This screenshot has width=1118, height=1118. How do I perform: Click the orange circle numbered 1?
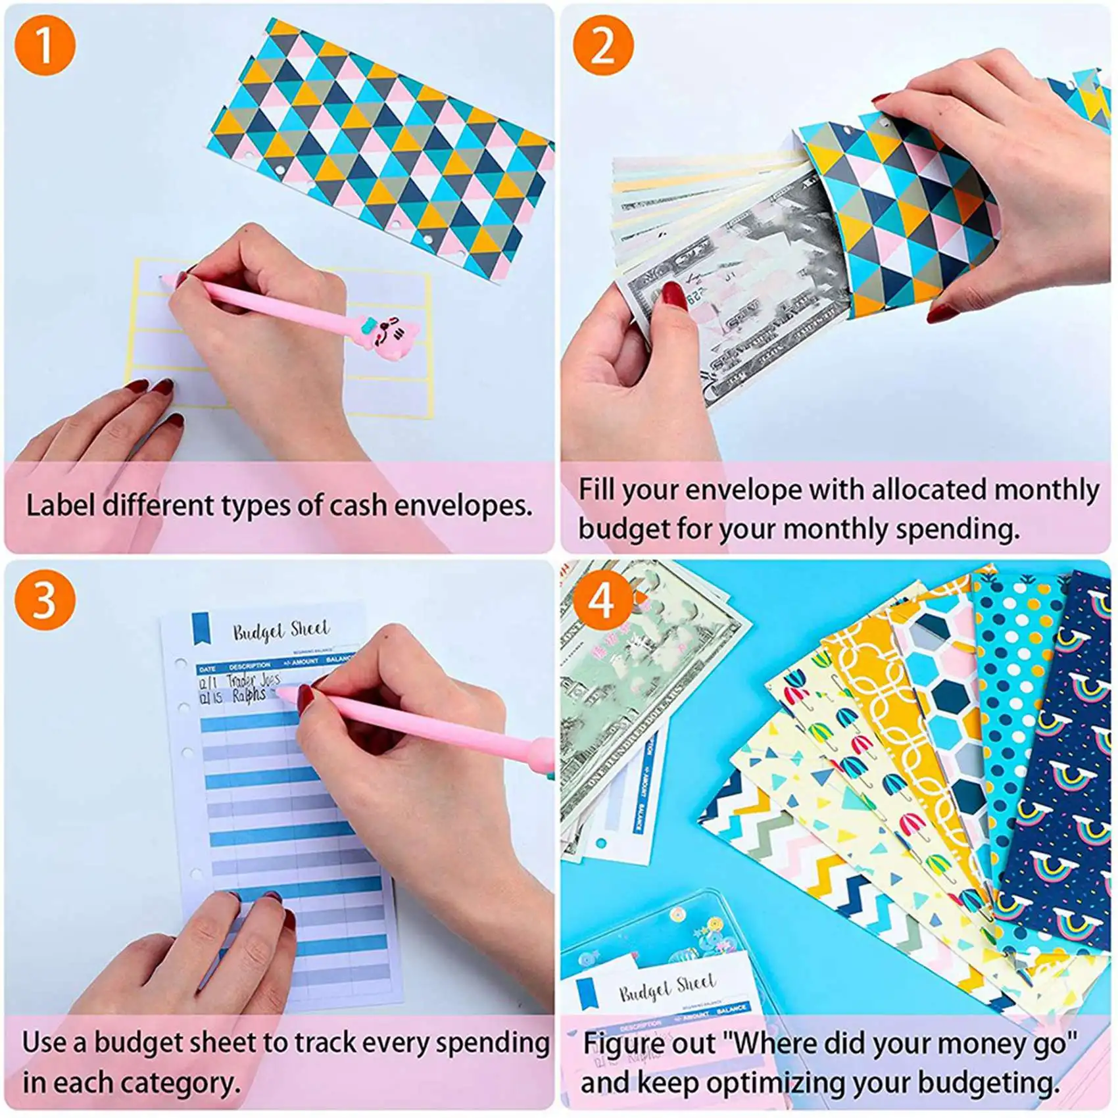[45, 45]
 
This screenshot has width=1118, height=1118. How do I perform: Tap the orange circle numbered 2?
[602, 45]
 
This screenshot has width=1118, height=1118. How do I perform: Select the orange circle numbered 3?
[45, 600]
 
